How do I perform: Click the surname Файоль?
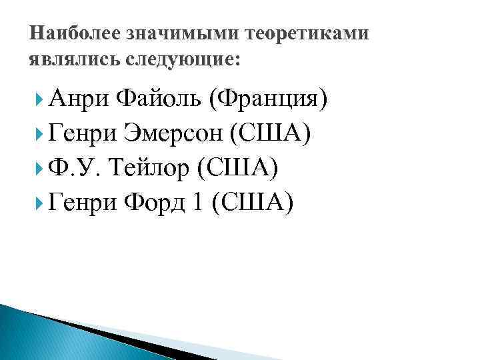pyautogui.click(x=158, y=101)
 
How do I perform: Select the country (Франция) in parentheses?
pyautogui.click(x=268, y=102)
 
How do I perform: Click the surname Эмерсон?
pyautogui.click(x=173, y=135)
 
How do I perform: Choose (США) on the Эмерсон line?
pyautogui.click(x=270, y=135)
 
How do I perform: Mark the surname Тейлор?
pyautogui.click(x=153, y=169)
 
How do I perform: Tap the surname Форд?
pyautogui.click(x=152, y=202)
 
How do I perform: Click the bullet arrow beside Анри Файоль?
pyautogui.click(x=43, y=101)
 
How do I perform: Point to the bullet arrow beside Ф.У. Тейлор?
pyautogui.click(x=43, y=169)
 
